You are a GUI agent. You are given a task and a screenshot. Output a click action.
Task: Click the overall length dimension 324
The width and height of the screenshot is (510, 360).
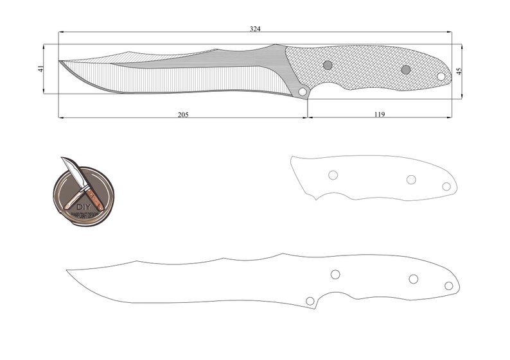[x=255, y=29]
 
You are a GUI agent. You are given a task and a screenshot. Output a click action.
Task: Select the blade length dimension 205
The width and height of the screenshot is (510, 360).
[x=184, y=114]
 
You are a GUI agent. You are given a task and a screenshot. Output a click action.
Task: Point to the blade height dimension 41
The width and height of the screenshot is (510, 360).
[x=41, y=69]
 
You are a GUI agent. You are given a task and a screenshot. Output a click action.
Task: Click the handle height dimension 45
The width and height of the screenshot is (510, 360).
[x=458, y=71]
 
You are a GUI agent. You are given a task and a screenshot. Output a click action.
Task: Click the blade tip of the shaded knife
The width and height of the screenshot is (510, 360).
[x=60, y=62]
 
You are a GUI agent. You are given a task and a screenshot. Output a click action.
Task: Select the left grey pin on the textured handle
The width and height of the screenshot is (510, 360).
[x=328, y=65]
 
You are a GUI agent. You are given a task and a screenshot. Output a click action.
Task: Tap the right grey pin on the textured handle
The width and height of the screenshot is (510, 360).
[x=405, y=69]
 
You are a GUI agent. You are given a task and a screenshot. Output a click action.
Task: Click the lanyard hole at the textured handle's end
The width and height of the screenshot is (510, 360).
[x=441, y=76]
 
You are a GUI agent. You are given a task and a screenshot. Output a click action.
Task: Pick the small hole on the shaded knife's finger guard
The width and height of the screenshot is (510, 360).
[x=302, y=92]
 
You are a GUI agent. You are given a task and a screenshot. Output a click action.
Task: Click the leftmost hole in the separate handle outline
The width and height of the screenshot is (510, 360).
[x=333, y=175]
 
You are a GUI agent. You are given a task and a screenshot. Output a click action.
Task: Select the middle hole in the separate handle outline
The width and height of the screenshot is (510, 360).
[x=412, y=179]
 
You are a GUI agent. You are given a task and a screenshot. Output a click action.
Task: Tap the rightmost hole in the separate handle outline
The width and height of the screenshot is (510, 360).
[x=446, y=186]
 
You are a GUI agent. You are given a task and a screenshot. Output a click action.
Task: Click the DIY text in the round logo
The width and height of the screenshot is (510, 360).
[x=84, y=207]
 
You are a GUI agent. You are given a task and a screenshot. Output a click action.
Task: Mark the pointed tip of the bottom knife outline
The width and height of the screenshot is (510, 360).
[x=67, y=270]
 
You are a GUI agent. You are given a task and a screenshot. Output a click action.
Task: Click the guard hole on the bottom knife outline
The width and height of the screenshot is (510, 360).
[x=310, y=300]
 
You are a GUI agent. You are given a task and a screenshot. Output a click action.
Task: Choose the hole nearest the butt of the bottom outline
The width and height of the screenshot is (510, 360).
[x=448, y=286]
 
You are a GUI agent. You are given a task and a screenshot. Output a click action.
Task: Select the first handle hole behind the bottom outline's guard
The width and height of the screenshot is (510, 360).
[x=335, y=274]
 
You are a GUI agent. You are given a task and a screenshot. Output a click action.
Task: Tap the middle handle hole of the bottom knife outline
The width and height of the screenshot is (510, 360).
[x=413, y=279]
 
